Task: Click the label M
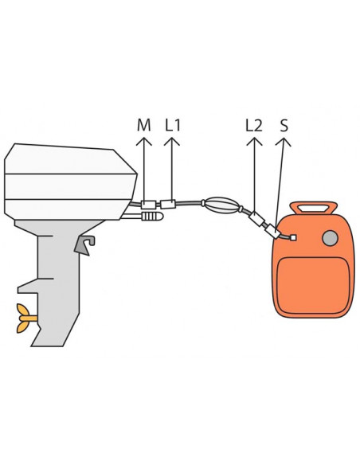[144, 125]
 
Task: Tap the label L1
[173, 125]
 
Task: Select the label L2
[254, 125]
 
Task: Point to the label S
[284, 125]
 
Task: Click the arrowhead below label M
[144, 141]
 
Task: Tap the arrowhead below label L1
[172, 141]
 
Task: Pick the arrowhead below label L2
[254, 141]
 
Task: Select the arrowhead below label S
[284, 141]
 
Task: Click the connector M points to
[148, 205]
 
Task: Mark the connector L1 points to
[168, 204]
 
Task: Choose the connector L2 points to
[256, 219]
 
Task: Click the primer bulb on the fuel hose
[221, 205]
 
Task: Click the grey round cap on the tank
[330, 238]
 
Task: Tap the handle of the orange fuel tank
[314, 208]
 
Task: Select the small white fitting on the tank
[294, 237]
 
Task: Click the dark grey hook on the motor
[84, 245]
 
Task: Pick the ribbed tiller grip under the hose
[152, 217]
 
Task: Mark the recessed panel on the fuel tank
[313, 285]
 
